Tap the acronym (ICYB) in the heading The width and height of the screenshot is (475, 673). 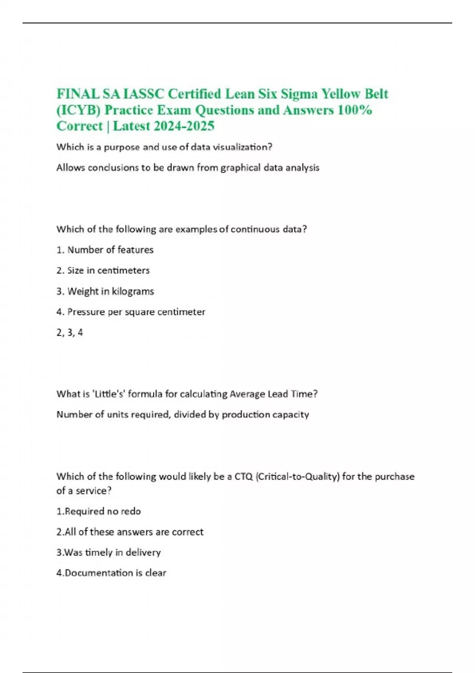point(78,110)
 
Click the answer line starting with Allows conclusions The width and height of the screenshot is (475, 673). point(188,168)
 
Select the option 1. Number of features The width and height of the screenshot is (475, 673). point(105,250)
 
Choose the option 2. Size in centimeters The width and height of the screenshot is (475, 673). point(103,270)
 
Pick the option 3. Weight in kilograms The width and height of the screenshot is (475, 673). point(105,291)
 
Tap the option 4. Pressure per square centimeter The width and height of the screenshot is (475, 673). point(131,312)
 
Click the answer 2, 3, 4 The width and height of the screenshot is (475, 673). point(70,333)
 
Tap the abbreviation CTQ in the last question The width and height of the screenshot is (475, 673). point(243,476)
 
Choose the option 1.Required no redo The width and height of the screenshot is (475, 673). point(99,511)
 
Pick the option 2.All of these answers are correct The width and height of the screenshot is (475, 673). point(130,532)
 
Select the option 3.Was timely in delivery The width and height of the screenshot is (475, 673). point(108,552)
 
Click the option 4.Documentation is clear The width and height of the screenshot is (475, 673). point(111,573)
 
